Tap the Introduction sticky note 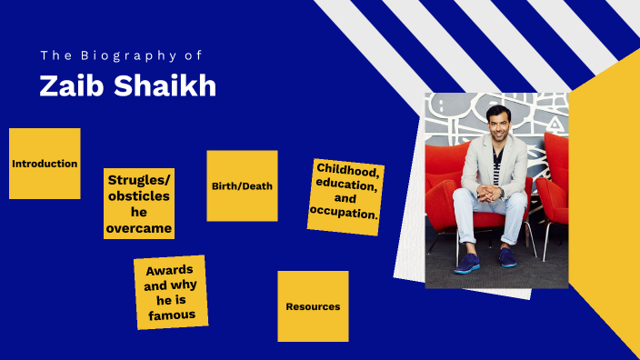point(45,164)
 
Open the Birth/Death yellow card point(242,185)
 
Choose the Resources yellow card point(313,306)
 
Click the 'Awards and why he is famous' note point(172,292)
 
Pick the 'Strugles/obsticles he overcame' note point(139,203)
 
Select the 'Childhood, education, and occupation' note point(345,196)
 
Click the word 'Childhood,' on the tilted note point(347,170)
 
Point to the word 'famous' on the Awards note point(173,315)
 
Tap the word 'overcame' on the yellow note point(139,228)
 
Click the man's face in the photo point(495,122)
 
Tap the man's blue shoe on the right point(507,258)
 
